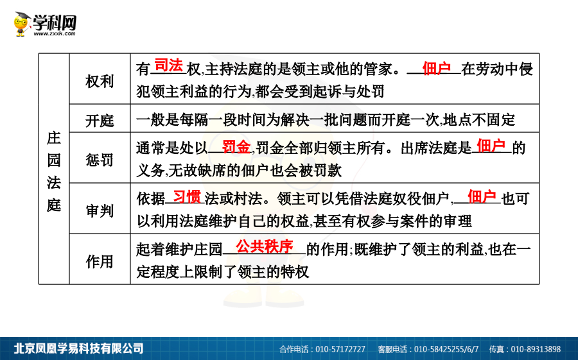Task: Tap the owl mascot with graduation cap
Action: coord(22,24)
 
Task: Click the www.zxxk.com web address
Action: coord(55,33)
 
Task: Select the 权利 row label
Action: coord(100,81)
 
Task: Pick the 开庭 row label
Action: coord(100,121)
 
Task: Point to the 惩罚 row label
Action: coord(100,160)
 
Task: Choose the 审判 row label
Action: coord(100,210)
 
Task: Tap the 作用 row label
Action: coord(100,262)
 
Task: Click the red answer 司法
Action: coord(168,65)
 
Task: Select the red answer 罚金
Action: coord(236,147)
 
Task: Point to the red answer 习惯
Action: coord(187,197)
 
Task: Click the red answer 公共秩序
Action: coord(265,246)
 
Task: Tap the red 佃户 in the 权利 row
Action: coord(437,68)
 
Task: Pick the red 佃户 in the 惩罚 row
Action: coord(491,146)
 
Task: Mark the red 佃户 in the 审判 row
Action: coord(482,196)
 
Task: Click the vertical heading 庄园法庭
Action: coord(54,171)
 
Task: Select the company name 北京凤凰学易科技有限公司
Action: coord(78,348)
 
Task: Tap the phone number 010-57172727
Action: coord(340,349)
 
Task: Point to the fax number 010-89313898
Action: coord(536,349)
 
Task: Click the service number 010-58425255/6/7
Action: coord(446,349)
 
